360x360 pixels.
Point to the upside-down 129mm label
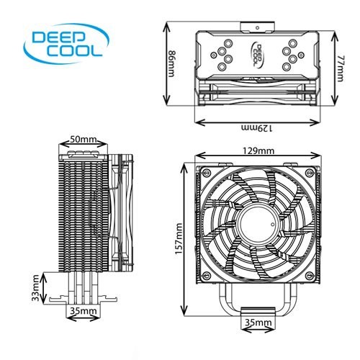[x=256, y=128]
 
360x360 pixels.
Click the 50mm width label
[x=84, y=139]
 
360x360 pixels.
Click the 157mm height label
[x=178, y=238]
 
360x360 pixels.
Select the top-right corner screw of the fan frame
[x=308, y=171]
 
